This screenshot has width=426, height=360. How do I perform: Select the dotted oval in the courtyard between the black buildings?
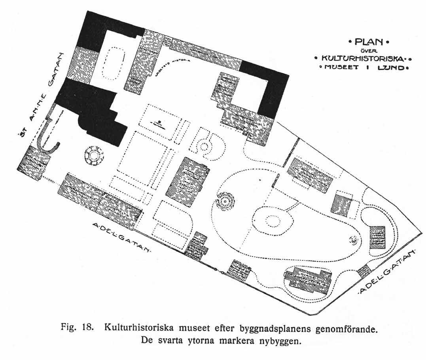(x=114, y=63)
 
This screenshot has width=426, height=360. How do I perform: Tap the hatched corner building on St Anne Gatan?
(x=34, y=162)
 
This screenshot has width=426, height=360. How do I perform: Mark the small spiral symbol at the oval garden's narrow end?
(x=353, y=239)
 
